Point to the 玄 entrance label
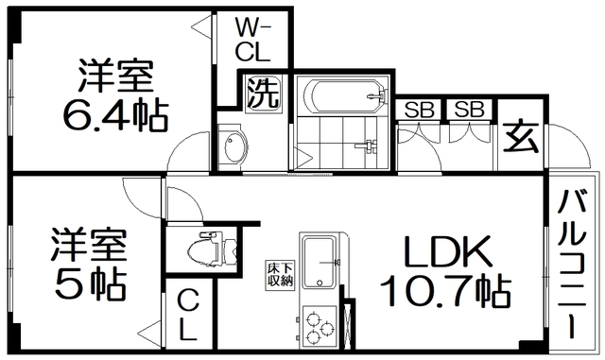tap(520, 138)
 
